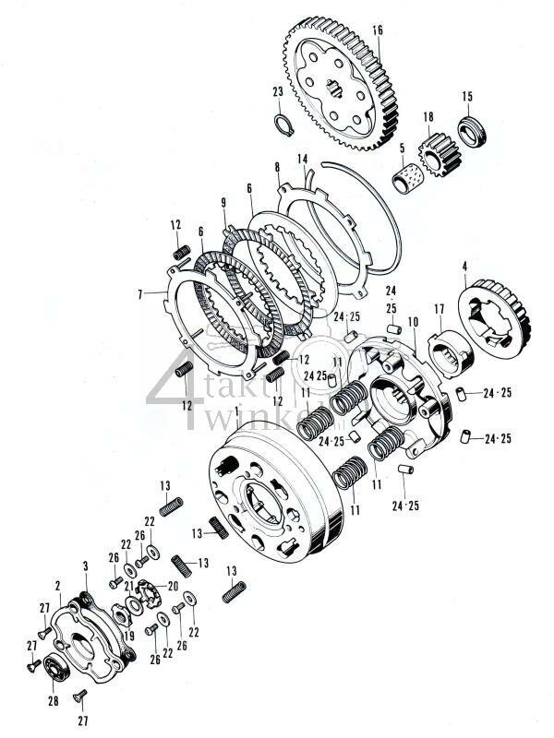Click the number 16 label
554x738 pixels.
(x=377, y=30)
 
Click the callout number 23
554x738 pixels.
(x=277, y=91)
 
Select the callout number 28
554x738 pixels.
(x=52, y=701)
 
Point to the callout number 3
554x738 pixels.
(x=86, y=565)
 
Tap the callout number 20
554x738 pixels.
(x=174, y=586)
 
